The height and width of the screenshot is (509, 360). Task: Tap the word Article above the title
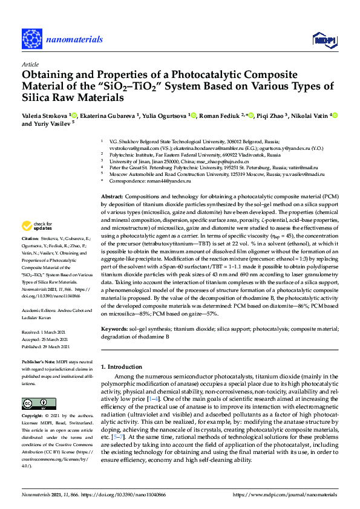tap(30, 63)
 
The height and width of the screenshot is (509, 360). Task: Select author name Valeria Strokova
tap(46, 114)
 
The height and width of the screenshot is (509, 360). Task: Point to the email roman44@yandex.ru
tap(170, 181)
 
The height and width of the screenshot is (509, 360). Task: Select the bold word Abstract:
tap(112, 197)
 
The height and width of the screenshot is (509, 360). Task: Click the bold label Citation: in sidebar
tap(31, 256)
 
